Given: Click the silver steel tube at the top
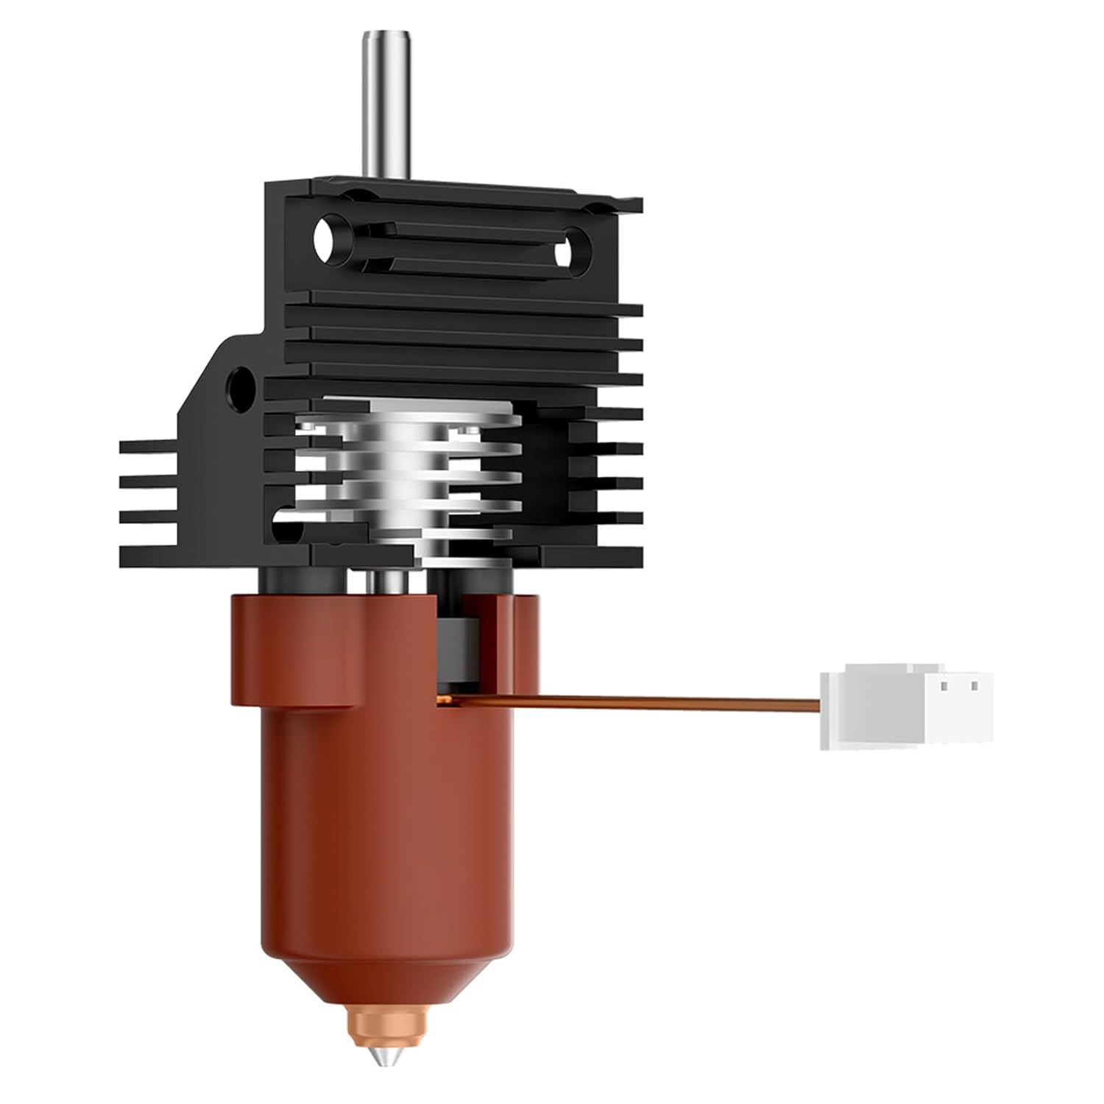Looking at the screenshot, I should click(x=378, y=103).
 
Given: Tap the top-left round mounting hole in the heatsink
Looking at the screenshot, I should click(x=325, y=237).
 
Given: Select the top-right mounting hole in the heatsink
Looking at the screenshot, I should click(x=567, y=253).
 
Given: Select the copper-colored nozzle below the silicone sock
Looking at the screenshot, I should click(x=375, y=1023).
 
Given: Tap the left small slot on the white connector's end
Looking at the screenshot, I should click(x=944, y=686).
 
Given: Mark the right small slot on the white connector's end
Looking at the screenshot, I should click(x=973, y=686).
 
